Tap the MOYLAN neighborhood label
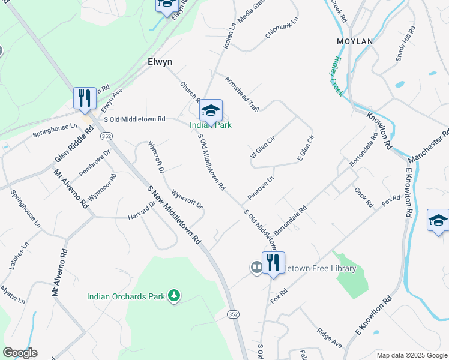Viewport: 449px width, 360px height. coord(355,41)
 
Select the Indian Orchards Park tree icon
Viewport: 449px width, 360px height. coord(174,295)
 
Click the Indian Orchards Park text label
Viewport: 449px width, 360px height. coord(126,296)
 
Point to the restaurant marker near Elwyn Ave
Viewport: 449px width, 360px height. coord(85,98)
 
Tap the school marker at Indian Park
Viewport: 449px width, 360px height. coord(211,110)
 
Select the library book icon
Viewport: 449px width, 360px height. coord(256,267)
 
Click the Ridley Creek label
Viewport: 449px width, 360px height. coord(336,77)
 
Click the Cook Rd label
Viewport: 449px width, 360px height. coord(364,197)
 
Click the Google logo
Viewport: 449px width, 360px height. coord(20,352)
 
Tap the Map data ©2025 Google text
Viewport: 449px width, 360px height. coord(411,355)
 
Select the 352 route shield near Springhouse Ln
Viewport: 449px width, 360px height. coord(106,137)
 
